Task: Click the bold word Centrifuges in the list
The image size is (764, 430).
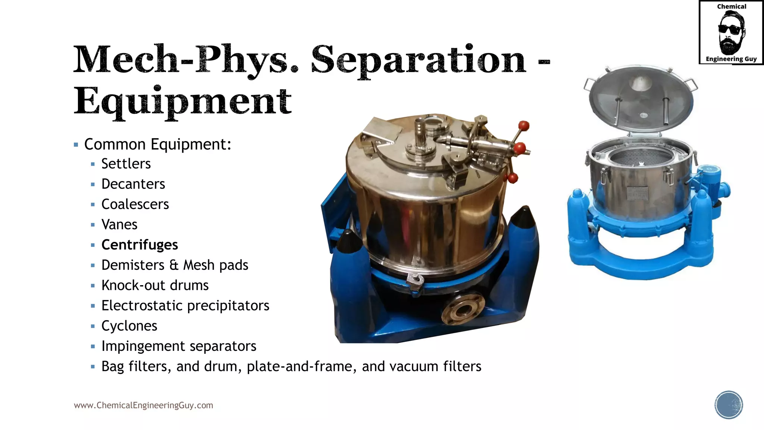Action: (140, 245)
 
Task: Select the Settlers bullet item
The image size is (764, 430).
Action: (126, 164)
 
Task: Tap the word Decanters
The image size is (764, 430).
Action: (133, 184)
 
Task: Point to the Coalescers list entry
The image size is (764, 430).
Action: (135, 204)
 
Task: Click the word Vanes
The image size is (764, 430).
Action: (119, 225)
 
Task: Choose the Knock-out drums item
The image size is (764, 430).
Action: (155, 286)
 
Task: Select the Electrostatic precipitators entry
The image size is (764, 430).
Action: (185, 306)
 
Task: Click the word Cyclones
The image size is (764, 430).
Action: (129, 326)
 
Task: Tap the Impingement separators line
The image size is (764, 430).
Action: (179, 346)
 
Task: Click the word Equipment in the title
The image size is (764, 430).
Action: (182, 101)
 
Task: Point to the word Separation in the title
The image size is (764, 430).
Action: (418, 60)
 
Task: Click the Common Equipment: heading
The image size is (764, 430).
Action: (157, 144)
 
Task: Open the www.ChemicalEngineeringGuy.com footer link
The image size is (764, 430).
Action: (143, 405)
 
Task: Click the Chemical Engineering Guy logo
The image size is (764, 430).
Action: (731, 33)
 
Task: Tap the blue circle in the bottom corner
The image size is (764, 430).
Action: (729, 405)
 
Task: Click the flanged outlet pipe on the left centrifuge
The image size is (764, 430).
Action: (463, 310)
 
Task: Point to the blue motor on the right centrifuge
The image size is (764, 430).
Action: (714, 183)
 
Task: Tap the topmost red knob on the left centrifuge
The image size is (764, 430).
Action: (524, 125)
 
